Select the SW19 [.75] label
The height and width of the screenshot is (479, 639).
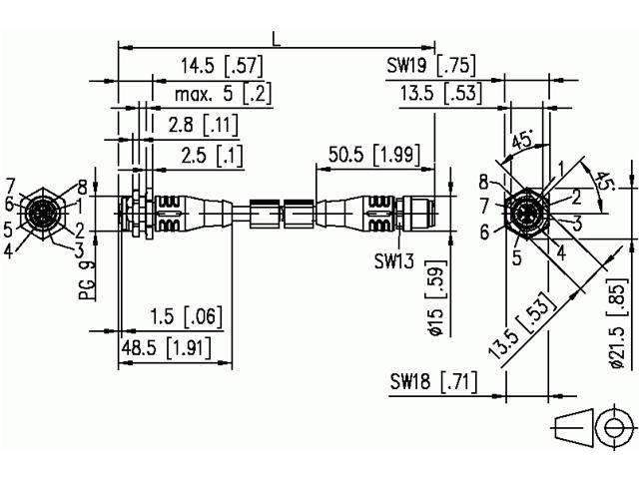pyautogui.click(x=430, y=67)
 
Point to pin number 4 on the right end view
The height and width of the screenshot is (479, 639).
pyautogui.click(x=562, y=252)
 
